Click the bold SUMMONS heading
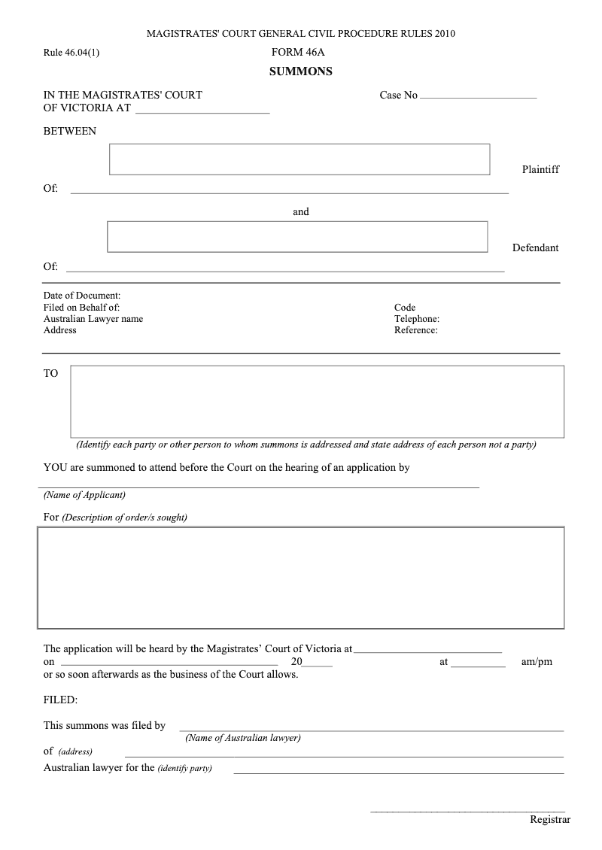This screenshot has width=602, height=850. click(x=301, y=72)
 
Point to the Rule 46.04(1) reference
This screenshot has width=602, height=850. click(x=71, y=53)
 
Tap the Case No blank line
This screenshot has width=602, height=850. click(x=478, y=95)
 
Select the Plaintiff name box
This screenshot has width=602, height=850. click(x=299, y=159)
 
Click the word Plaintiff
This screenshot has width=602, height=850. click(x=540, y=169)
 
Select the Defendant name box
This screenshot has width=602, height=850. click(x=297, y=236)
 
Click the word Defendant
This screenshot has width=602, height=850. click(x=535, y=247)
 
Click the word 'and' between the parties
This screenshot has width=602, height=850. click(x=301, y=212)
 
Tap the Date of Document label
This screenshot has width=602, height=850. click(x=82, y=296)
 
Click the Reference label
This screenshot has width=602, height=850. click(x=415, y=330)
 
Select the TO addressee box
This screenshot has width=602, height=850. click(x=317, y=401)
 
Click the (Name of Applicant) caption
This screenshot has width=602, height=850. click(x=84, y=495)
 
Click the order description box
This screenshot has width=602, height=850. click(x=300, y=578)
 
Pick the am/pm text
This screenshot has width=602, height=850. click(x=537, y=662)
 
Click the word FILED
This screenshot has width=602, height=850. click(x=60, y=700)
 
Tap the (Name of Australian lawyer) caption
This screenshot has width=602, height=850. click(x=243, y=738)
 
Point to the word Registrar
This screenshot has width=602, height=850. click(x=550, y=820)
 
